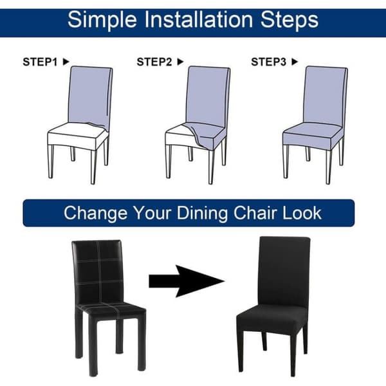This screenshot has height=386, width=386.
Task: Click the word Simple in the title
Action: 102,21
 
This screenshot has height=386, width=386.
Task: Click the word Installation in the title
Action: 198,19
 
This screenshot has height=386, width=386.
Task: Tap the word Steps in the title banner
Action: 289,21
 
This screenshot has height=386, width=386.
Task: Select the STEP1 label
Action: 40,62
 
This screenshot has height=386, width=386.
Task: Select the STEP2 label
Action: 154,62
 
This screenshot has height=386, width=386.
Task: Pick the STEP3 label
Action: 268,62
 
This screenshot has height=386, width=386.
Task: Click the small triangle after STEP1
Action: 66,62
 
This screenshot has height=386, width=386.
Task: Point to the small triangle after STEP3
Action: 295,62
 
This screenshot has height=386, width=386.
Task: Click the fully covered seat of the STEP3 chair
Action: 313,134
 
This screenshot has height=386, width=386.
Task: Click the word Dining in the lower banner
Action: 203,214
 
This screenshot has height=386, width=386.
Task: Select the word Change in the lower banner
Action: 95,214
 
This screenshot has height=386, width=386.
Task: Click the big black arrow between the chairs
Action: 187,281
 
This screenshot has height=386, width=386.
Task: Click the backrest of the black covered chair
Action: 284,271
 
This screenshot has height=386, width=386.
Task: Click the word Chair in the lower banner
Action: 255,213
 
